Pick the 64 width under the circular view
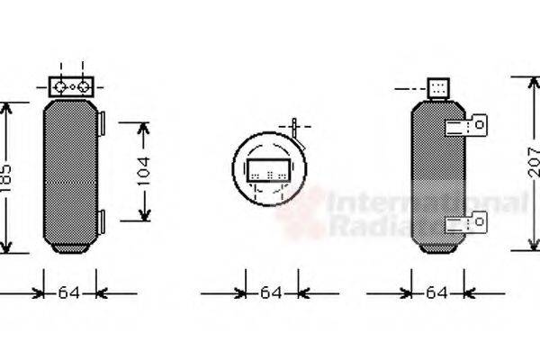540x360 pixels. (271, 292)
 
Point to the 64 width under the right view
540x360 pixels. (436, 292)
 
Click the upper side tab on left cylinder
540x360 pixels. (103, 121)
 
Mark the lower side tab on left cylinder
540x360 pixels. (103, 219)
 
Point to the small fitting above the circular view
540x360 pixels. (296, 128)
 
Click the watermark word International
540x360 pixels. (423, 204)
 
